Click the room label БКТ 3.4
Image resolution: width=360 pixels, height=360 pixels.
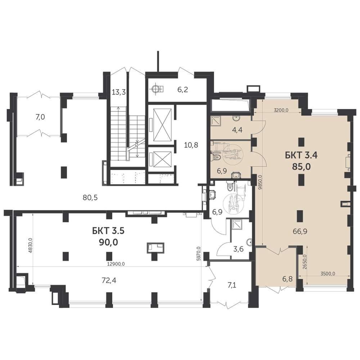tap(301, 155)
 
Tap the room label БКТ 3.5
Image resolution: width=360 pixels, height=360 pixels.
tap(108, 231)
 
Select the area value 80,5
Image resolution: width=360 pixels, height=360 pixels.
tap(90, 197)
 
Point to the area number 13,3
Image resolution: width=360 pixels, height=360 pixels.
tap(119, 92)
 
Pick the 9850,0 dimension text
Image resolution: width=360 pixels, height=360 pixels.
tap(260, 182)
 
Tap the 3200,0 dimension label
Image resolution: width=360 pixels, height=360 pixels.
tap(281, 110)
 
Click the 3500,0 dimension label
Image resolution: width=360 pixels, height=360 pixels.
tap(328, 274)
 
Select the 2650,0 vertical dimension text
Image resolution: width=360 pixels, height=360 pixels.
tap(305, 262)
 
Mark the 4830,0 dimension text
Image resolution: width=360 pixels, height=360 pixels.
tap(31, 245)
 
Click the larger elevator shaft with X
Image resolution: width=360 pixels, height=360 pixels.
tap(162, 125)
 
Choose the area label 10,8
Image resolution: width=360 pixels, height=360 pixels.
tap(191, 145)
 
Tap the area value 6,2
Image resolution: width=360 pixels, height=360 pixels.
tap(183, 89)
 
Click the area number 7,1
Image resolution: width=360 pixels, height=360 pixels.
tap(231, 285)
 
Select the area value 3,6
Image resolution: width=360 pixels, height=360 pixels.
tap(238, 249)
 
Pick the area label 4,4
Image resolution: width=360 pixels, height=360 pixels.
tap(237, 130)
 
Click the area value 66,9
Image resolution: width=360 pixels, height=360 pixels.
tap(300, 231)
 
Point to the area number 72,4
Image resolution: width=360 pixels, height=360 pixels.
tap(109, 280)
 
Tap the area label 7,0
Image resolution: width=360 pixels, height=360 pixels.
tap(40, 117)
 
